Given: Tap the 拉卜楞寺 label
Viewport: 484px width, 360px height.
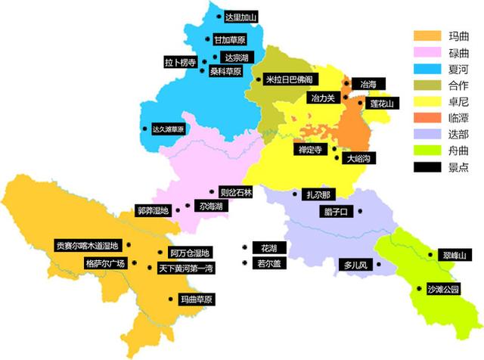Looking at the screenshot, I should point(181,62).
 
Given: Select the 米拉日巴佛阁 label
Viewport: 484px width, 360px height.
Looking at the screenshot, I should point(288,79).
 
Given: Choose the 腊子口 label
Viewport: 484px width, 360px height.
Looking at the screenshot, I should point(334,211).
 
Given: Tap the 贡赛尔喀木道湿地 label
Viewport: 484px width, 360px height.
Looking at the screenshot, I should point(88,246).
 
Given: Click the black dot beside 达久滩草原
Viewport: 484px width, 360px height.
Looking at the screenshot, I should point(144,129).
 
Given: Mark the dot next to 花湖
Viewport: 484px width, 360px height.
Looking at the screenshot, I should point(244,247).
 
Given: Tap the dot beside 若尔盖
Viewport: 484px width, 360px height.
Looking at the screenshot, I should point(244,263).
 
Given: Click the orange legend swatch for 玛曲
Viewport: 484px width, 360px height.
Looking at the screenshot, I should point(427,36).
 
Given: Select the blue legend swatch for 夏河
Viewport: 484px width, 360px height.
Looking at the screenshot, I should point(427,70).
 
